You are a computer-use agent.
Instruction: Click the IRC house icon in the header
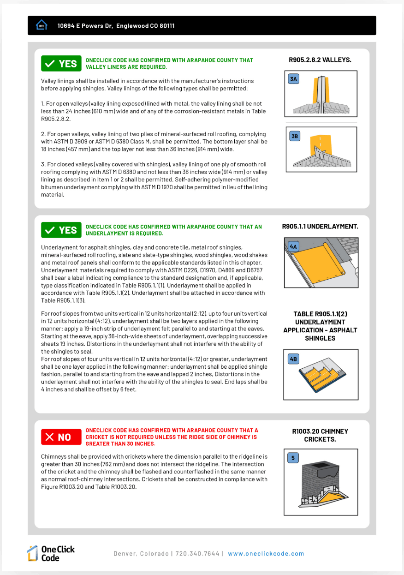click(42, 25)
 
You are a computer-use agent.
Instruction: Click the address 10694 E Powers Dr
click(85, 26)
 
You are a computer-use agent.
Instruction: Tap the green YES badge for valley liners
click(61, 64)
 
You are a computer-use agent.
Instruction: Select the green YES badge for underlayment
click(61, 230)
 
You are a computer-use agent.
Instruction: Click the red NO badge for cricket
click(61, 437)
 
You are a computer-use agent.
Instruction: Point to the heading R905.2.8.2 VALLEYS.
click(320, 60)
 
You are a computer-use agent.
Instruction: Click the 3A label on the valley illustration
click(294, 79)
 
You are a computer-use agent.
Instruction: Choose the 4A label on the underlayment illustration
click(293, 246)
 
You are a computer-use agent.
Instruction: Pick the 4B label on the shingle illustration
click(293, 359)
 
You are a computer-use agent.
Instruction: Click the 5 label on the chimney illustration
click(293, 458)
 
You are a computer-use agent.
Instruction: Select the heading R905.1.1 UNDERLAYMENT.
click(320, 227)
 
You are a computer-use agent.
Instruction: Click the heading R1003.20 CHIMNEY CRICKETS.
click(320, 435)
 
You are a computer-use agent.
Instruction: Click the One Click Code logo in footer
click(51, 553)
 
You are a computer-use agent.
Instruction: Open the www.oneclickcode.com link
click(266, 554)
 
